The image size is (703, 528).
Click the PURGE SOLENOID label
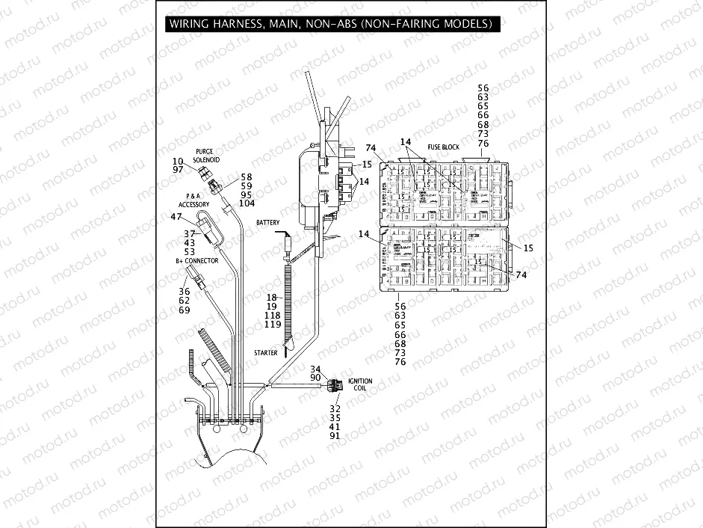(x=204, y=155)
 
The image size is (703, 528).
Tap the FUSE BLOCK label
(x=443, y=147)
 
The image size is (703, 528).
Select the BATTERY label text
(x=267, y=224)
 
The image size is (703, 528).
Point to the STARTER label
(x=265, y=353)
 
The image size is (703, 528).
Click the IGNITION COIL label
(x=360, y=385)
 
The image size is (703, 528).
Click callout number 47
(x=177, y=217)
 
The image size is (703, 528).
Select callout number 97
(x=177, y=171)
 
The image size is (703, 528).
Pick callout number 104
(x=247, y=203)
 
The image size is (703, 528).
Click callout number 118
(x=273, y=316)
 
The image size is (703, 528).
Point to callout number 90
(x=315, y=378)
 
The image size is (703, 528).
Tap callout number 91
(x=335, y=436)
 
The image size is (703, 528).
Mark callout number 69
(x=184, y=310)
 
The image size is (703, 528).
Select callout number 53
(x=189, y=251)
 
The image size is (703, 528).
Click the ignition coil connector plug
(x=337, y=387)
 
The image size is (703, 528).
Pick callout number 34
(x=315, y=369)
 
